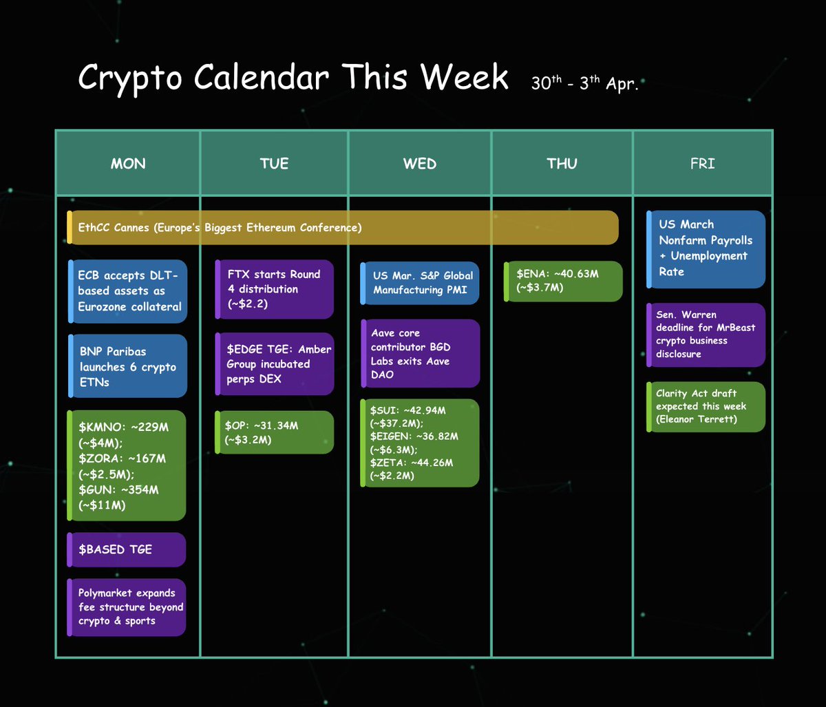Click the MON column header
(128, 163)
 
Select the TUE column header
(274, 163)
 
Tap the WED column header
(420, 163)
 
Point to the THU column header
(562, 163)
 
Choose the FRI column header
(703, 163)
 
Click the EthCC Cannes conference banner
(343, 227)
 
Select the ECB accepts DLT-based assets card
(127, 291)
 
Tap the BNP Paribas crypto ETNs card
(127, 366)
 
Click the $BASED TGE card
(126, 549)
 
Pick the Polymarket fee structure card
(126, 607)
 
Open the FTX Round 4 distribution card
(275, 289)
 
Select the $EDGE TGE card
(275, 364)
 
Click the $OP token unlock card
(275, 432)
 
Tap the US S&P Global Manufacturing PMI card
(420, 283)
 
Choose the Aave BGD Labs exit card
(421, 353)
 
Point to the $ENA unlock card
(563, 282)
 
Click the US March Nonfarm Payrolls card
(706, 249)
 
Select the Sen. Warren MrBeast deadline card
(706, 335)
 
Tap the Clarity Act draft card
(706, 407)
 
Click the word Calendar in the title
(262, 76)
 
